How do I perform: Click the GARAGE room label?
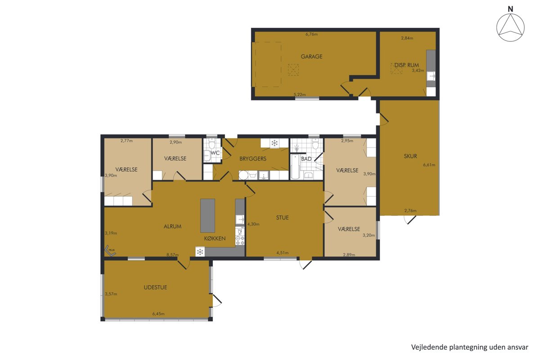point(311,57)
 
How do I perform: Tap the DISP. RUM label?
point(406,65)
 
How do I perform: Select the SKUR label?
point(410,156)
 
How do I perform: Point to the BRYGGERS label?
point(252,159)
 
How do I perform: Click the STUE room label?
point(282,218)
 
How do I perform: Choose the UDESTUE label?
point(155,288)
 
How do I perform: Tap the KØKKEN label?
point(215,238)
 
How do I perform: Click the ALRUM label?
point(172,226)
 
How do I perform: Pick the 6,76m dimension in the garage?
point(311,34)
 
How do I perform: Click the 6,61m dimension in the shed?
point(429,165)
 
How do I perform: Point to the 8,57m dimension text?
point(173,255)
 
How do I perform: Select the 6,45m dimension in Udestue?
point(158,314)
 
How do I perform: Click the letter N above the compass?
point(510,9)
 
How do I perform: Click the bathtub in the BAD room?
point(295,166)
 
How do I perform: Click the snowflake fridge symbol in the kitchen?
point(200,252)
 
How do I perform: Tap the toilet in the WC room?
point(211,144)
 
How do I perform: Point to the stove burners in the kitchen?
point(240,240)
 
